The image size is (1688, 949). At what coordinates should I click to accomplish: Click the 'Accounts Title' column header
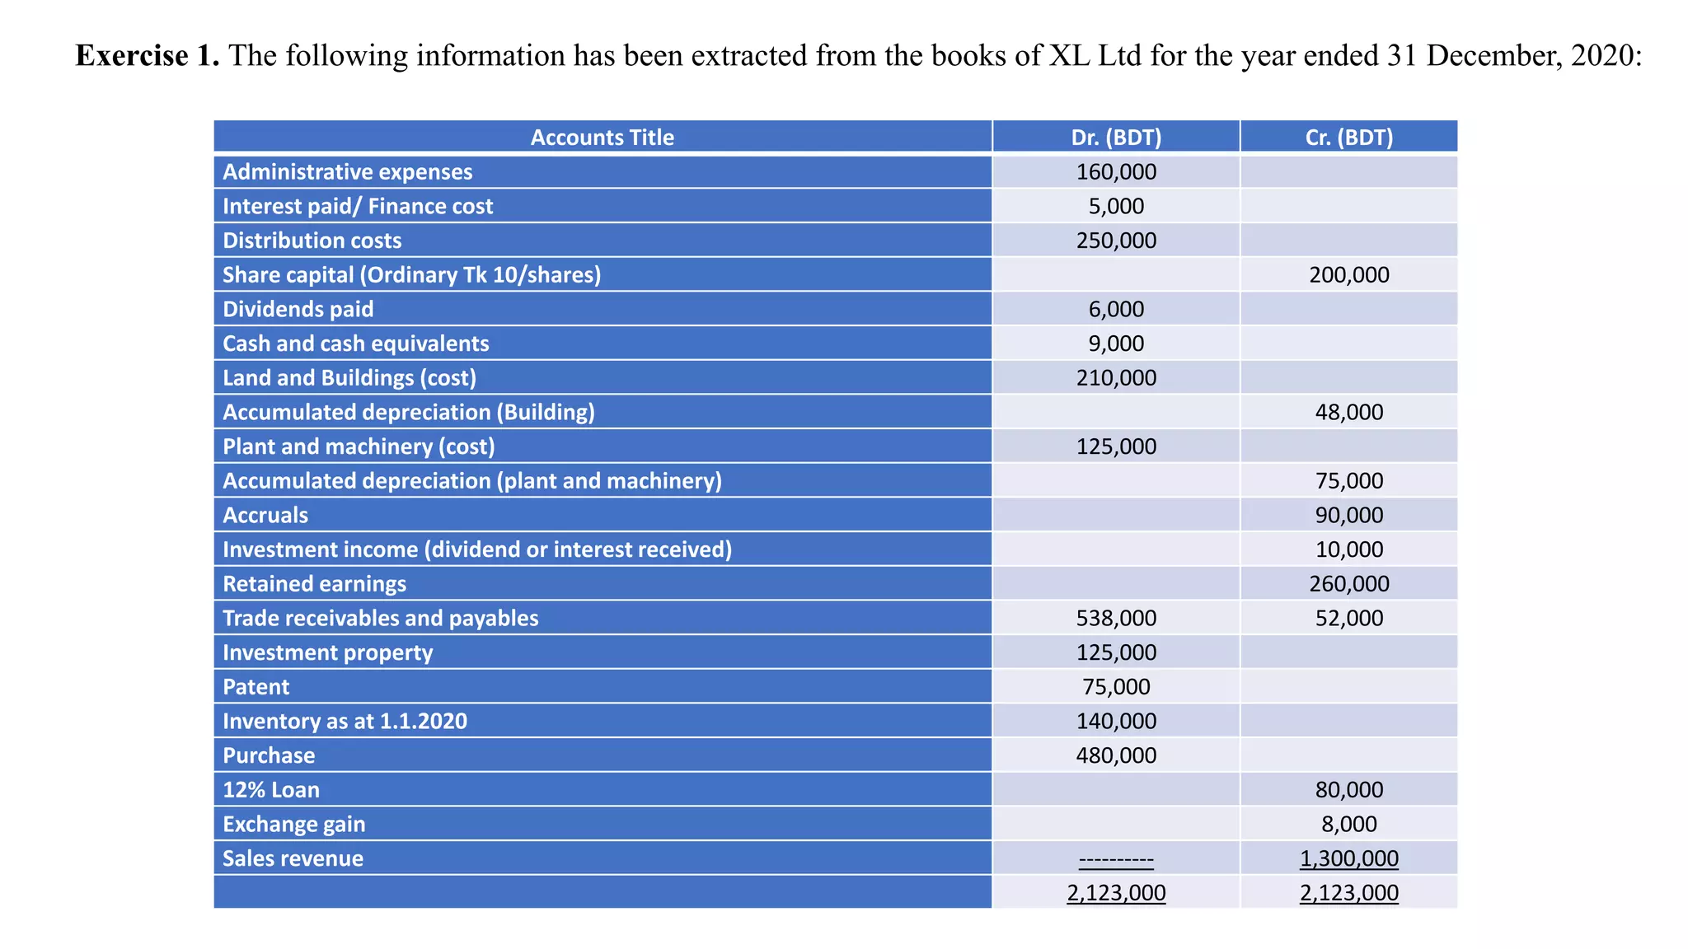point(602,138)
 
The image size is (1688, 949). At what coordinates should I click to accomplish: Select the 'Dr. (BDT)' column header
point(1116,138)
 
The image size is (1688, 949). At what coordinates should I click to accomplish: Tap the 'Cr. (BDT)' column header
point(1348,138)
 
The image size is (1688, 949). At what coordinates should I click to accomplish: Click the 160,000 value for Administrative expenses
point(1116,172)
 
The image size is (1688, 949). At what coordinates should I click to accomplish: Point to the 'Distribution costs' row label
point(312,241)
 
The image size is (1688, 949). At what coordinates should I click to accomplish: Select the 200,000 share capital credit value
point(1348,275)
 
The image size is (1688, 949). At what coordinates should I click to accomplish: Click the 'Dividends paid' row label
point(298,309)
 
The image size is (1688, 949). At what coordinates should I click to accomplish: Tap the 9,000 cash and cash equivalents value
point(1116,344)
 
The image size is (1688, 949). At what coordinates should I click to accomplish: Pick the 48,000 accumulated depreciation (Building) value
point(1348,412)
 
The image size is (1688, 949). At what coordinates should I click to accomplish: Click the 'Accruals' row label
point(265,515)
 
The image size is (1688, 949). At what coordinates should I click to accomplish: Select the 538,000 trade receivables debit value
point(1116,618)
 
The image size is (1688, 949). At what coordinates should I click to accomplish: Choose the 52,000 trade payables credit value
point(1348,618)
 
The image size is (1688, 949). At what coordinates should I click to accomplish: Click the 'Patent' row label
point(256,687)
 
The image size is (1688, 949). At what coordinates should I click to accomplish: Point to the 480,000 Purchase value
point(1116,755)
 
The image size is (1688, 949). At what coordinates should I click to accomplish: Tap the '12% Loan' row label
point(271,790)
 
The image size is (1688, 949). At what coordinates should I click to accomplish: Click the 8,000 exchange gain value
point(1348,824)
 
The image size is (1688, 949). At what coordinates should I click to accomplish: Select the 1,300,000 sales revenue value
point(1348,858)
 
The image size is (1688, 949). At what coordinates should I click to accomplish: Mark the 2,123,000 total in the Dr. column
point(1116,893)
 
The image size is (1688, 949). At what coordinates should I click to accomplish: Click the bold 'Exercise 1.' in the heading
point(148,56)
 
